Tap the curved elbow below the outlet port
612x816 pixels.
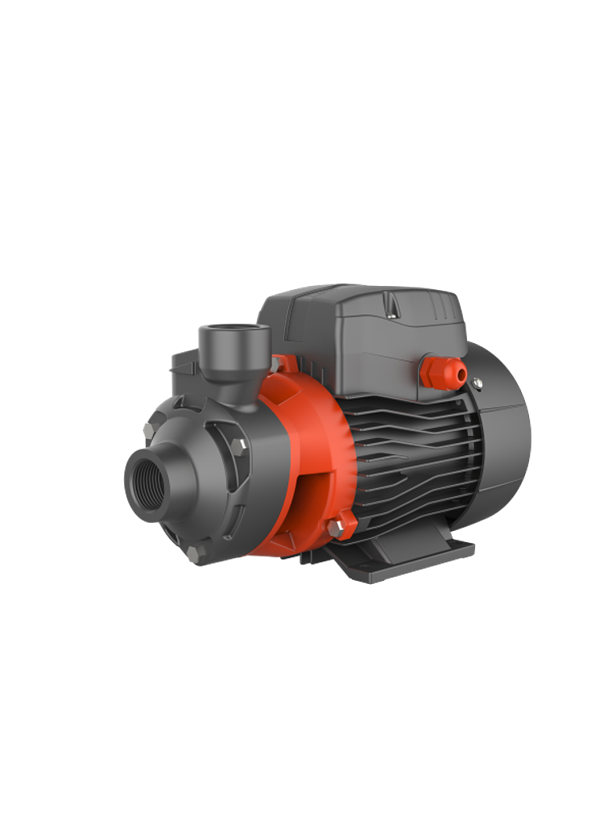234,387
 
